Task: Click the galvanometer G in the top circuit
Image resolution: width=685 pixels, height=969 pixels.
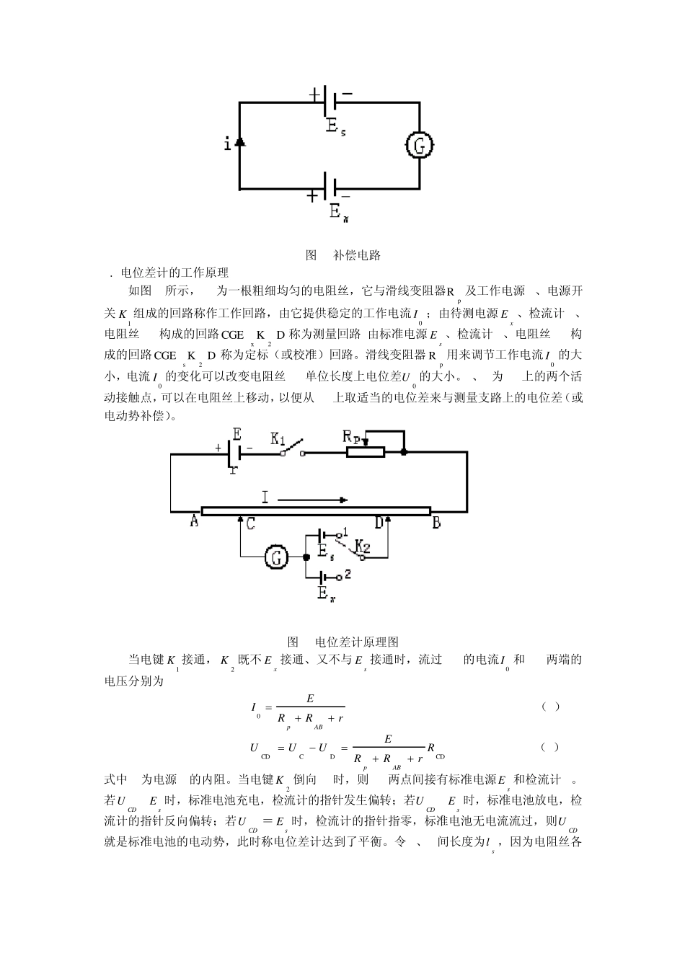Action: point(419,146)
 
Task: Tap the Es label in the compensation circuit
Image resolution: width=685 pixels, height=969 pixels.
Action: point(335,126)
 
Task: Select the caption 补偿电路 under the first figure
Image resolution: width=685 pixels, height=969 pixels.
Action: point(357,255)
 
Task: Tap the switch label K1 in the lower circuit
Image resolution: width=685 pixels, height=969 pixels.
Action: point(278,438)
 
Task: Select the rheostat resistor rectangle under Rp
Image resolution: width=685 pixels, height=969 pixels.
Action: point(366,453)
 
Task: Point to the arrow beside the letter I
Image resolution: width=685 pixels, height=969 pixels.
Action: point(313,500)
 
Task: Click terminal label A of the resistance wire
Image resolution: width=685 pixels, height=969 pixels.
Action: point(195,521)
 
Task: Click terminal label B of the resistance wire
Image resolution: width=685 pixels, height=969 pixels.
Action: point(436,523)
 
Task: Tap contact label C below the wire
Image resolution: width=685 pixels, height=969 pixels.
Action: point(250,524)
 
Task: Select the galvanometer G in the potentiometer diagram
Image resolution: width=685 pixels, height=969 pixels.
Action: point(275,557)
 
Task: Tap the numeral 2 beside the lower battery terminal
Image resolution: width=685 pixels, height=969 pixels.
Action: point(348,575)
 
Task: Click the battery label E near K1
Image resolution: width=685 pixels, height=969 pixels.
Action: point(237,433)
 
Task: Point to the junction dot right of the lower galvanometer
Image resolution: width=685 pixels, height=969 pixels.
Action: point(306,557)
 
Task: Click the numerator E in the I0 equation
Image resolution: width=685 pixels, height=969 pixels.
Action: point(310,698)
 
